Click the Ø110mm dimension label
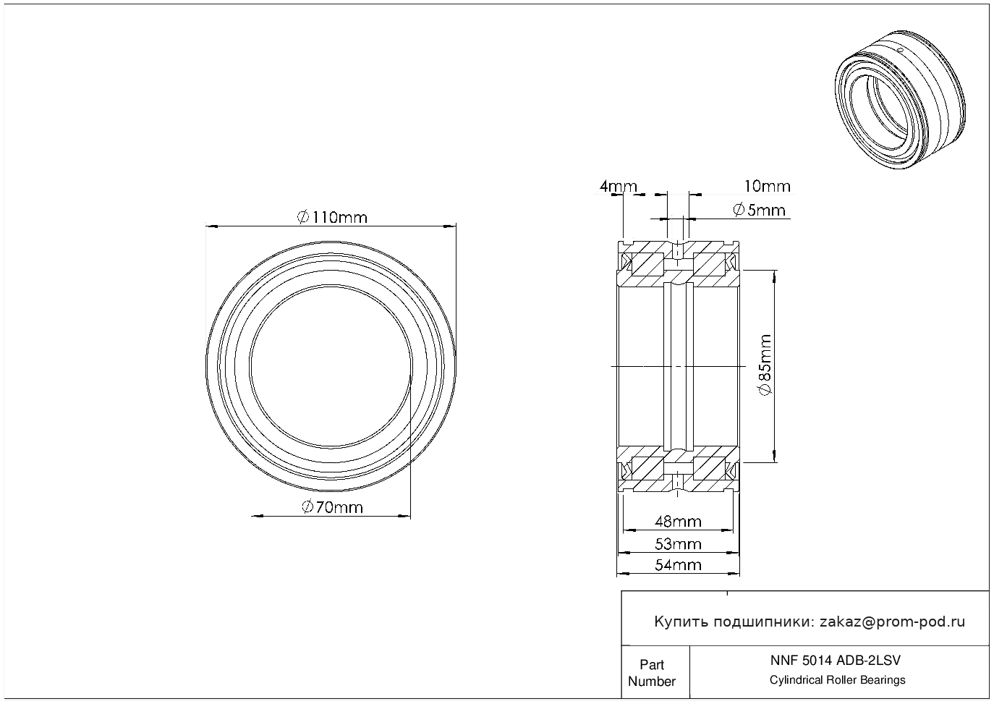tap(332, 218)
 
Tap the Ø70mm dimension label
tap(332, 507)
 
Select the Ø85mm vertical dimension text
tap(765, 365)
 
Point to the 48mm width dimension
tap(678, 521)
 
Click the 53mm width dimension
tap(678, 544)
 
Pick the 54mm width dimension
tap(678, 565)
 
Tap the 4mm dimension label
tap(618, 186)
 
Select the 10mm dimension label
tap(768, 186)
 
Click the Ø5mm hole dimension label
tap(760, 210)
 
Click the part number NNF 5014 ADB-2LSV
tap(836, 661)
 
